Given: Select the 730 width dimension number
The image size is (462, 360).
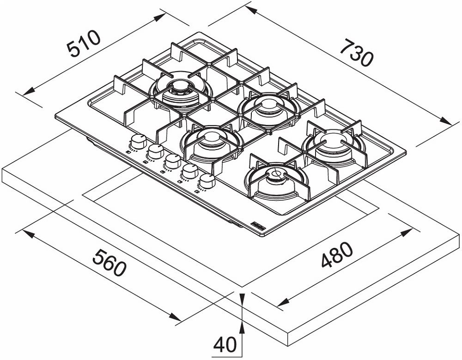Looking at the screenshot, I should pyautogui.click(x=356, y=52).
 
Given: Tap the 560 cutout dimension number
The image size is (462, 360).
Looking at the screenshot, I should pyautogui.click(x=109, y=263).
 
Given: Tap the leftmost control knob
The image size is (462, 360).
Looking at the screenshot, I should pyautogui.click(x=137, y=140).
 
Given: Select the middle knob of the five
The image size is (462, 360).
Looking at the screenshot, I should pyautogui.click(x=173, y=161).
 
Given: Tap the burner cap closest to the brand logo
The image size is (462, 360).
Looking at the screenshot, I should pyautogui.click(x=276, y=174).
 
